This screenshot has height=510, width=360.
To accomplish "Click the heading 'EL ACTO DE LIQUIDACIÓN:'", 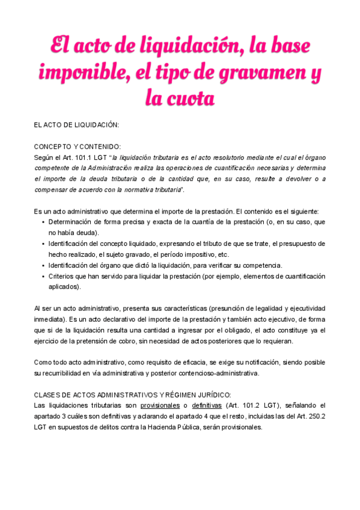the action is pyautogui.click(x=76, y=124).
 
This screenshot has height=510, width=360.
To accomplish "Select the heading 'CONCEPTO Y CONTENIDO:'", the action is pyautogui.click(x=77, y=146).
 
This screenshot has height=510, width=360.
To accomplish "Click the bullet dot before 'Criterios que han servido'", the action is pyautogui.click(x=43, y=277).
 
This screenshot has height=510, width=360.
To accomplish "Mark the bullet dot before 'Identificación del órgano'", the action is pyautogui.click(x=43, y=266).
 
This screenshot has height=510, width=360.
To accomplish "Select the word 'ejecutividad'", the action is pyautogui.click(x=304, y=308).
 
